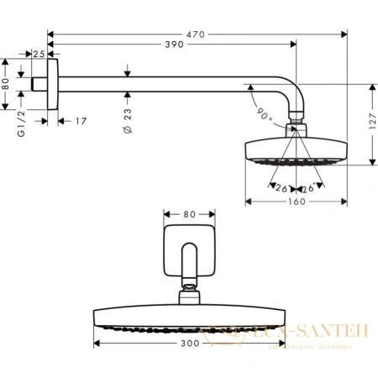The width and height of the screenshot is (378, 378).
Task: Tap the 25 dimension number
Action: tap(39, 54)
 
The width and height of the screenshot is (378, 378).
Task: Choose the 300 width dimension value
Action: tap(192, 344)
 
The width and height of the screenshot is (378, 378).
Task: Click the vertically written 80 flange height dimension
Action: tap(7, 83)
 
